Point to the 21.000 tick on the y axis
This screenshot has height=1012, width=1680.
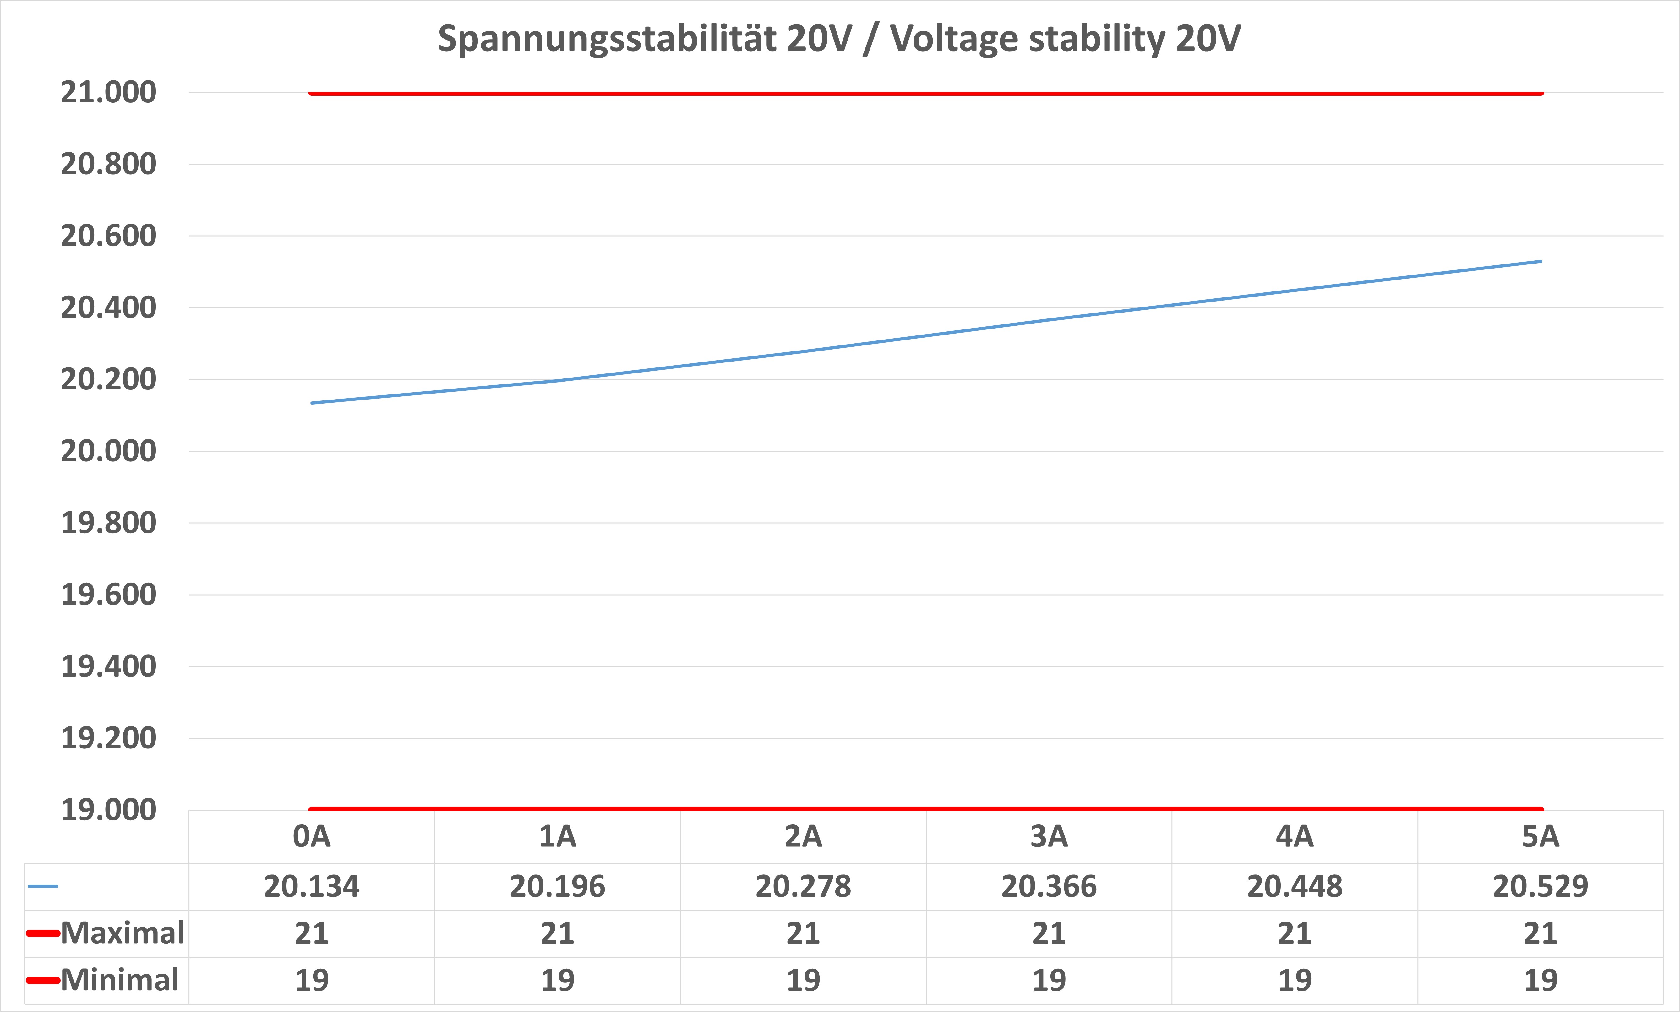108,92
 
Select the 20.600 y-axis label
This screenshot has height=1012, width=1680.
108,236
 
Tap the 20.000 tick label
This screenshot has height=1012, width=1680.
108,451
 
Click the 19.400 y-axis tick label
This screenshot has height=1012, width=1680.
108,666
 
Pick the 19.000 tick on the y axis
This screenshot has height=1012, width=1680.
108,810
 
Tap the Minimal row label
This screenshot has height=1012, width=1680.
119,980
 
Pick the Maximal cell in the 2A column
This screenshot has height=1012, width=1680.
803,933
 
